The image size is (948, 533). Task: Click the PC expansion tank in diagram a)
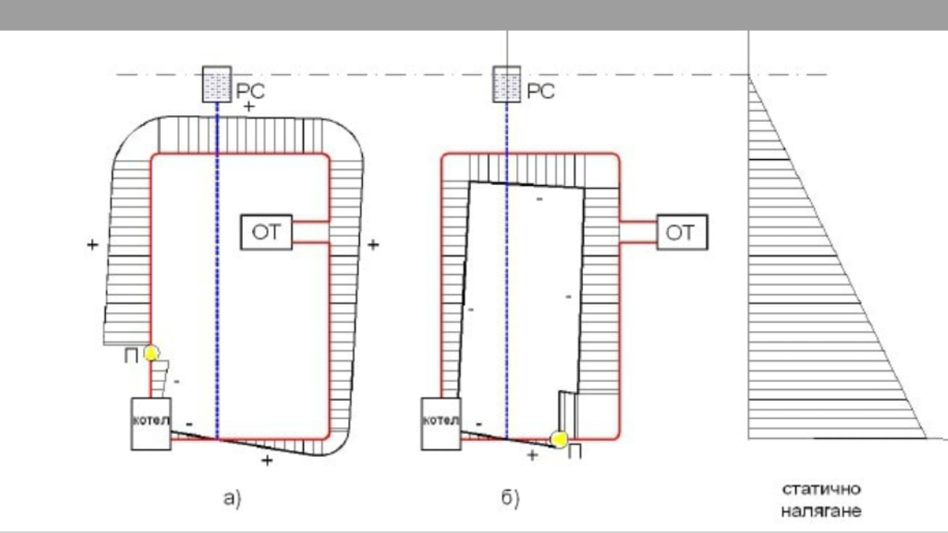tap(217, 84)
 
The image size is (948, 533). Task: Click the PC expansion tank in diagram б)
tap(507, 84)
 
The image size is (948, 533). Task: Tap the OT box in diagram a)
tap(266, 232)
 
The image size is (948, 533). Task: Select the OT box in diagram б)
tap(682, 232)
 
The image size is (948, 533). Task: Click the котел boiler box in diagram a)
tap(151, 423)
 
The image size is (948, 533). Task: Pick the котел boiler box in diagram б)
tap(441, 423)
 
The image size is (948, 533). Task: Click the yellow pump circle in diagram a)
tap(152, 353)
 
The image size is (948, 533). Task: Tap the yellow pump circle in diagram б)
tap(559, 440)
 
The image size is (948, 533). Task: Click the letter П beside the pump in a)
tap(131, 356)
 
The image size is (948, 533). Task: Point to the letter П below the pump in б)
tap(575, 453)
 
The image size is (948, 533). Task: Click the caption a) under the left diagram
tap(233, 498)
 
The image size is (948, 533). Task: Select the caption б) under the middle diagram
tap(510, 498)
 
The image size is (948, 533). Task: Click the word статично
tap(821, 489)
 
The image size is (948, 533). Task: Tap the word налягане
tap(821, 512)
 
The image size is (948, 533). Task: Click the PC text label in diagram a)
tap(250, 91)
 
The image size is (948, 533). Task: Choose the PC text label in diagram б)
tap(541, 91)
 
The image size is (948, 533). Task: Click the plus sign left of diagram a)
tap(93, 244)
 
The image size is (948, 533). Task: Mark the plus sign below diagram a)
tap(267, 460)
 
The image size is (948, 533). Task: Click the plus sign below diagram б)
tap(533, 455)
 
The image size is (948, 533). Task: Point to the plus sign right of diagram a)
tap(373, 244)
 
